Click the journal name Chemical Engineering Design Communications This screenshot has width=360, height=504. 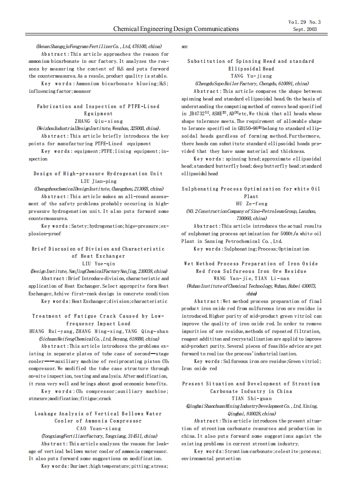click(176, 29)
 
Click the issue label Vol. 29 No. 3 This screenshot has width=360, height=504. click(304, 22)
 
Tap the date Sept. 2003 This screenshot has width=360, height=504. click(304, 29)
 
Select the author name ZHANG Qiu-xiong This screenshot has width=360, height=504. click(99, 121)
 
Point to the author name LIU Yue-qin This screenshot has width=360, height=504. click(99, 263)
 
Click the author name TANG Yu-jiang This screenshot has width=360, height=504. click(251, 76)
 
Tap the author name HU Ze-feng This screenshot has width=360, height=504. click(251, 204)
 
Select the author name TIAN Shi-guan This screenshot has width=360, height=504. click(251, 399)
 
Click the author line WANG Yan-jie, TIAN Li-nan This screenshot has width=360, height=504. click(251, 279)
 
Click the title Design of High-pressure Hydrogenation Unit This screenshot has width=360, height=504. click(98, 174)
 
